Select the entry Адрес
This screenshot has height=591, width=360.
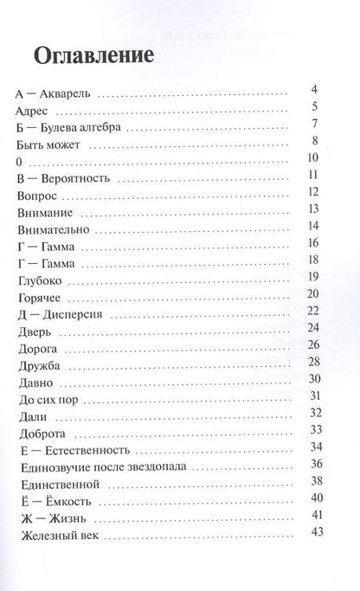[34, 112]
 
